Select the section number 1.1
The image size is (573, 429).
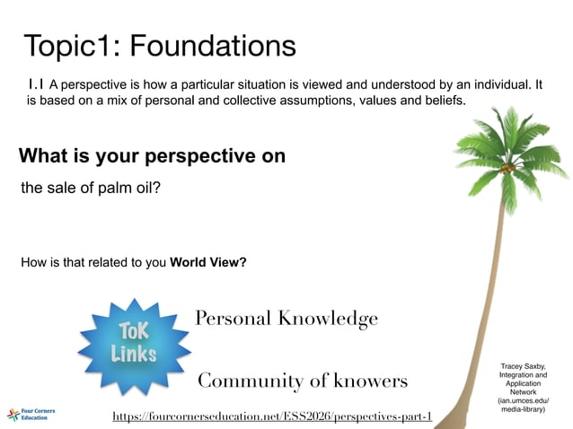coord(36,83)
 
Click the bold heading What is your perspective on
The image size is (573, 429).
coord(153,156)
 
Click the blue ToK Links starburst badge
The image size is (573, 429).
coord(133,342)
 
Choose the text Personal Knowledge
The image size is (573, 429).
coord(286,319)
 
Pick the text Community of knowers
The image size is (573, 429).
coord(302,381)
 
